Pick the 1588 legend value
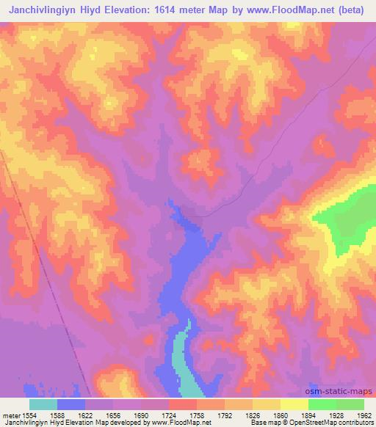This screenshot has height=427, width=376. point(57,415)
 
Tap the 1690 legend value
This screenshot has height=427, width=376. point(140,415)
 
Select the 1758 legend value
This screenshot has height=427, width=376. point(196,415)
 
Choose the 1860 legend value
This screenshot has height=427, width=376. point(280,415)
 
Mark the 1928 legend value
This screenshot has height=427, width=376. point(336,415)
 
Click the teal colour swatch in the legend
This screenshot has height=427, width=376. point(43,404)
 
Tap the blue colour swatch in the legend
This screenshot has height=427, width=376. point(70,404)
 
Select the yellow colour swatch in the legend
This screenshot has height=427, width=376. point(294,404)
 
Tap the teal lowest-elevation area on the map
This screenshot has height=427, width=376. point(186,367)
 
